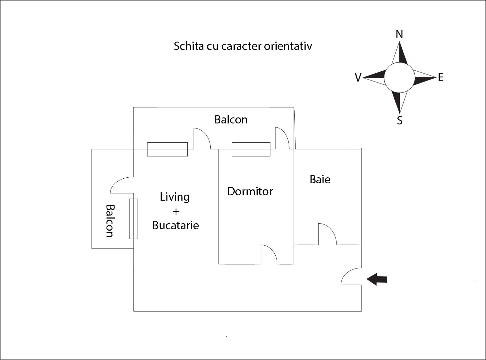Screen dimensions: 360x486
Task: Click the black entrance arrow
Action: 377,279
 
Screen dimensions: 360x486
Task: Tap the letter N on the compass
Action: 399,34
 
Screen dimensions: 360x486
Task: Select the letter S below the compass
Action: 400,120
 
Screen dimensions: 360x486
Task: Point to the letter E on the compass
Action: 440,78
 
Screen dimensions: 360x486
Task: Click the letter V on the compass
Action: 358,78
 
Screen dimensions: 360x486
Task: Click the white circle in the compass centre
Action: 399,78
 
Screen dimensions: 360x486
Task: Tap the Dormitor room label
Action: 250,191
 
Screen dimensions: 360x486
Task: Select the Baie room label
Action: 320,179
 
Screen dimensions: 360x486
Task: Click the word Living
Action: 175,197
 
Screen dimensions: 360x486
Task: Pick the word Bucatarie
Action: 175,225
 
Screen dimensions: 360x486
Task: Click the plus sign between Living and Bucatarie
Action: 176,211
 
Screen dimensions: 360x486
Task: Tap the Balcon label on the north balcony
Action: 231,119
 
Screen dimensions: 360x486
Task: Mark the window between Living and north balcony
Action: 167,149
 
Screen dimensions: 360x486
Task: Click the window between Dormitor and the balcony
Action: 251,149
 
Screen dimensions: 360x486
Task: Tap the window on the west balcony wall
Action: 133,219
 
